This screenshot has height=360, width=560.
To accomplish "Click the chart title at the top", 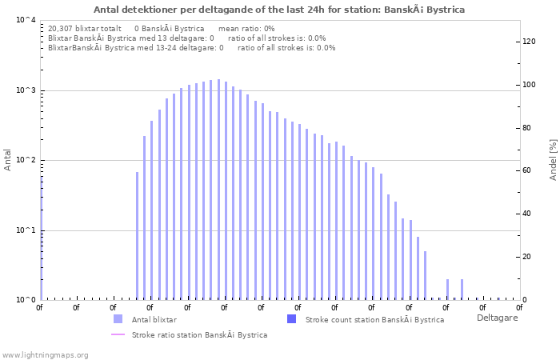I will coord(279,10).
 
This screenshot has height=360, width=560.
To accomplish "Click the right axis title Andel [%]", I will coord(553,159).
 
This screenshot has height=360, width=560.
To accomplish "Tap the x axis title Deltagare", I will coord(497,318).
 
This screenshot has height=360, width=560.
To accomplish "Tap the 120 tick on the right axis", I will coord(529,42).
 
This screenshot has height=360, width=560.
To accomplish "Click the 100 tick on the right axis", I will coord(529,85).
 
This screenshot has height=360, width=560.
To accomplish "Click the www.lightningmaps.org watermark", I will coord(46,354).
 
